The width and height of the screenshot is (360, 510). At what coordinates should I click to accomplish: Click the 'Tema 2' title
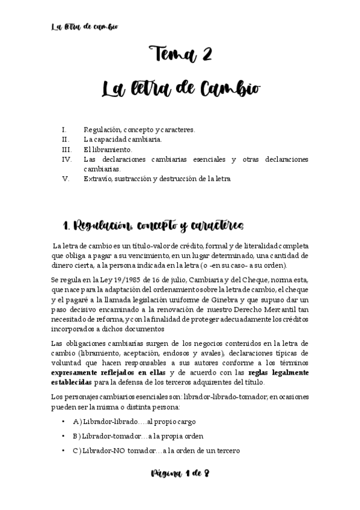click(180, 54)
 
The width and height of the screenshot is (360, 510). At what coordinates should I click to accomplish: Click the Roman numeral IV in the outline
click(67, 159)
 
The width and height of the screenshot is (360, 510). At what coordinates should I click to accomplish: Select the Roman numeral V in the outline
click(66, 179)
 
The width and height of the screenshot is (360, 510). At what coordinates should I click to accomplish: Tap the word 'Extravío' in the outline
click(98, 179)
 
